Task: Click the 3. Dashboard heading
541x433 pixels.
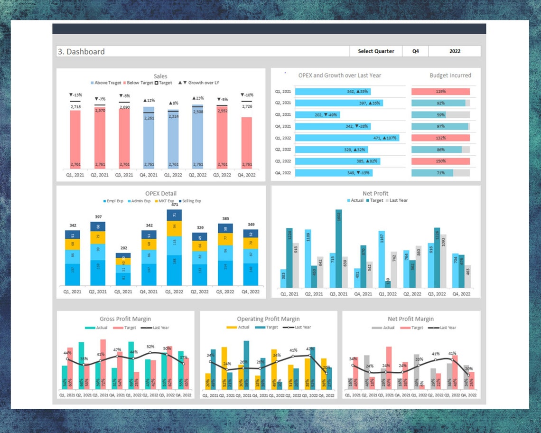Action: click(81, 52)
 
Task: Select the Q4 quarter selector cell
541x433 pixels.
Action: click(415, 51)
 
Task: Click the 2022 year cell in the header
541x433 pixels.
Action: click(454, 51)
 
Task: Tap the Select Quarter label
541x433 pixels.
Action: click(376, 51)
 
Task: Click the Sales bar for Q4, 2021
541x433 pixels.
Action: click(149, 138)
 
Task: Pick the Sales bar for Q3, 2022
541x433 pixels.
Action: click(223, 138)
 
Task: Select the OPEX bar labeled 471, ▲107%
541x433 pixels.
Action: click(347, 138)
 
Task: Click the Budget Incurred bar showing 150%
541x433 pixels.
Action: click(440, 161)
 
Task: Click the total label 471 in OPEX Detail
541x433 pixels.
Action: click(174, 205)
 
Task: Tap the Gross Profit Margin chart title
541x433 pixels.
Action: click(125, 319)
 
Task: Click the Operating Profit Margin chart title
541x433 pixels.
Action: click(268, 319)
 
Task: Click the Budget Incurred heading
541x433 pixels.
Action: click(450, 75)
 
